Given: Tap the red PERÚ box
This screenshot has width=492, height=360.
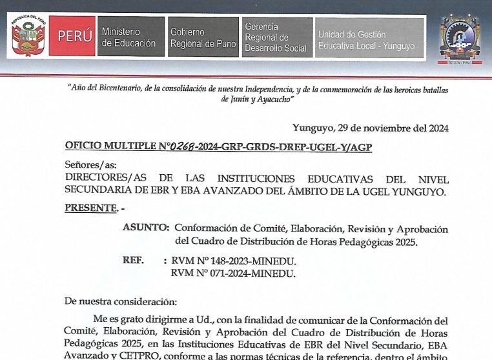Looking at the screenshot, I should click(x=74, y=37).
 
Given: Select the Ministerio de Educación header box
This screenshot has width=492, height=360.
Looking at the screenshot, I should click(x=129, y=37).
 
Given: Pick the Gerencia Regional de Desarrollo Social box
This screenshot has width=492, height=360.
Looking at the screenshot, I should click(x=276, y=37).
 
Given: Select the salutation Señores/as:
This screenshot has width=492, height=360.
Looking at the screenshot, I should click(x=90, y=165).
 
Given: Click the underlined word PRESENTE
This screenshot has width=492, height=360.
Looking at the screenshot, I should click(x=91, y=208).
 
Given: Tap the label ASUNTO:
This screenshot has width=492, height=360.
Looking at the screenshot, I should click(x=147, y=228).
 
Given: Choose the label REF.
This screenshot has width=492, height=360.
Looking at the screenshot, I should click(x=133, y=261).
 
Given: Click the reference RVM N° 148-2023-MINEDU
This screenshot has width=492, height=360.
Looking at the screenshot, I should click(x=233, y=261).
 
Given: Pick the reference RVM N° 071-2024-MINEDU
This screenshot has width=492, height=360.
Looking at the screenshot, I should click(x=233, y=274).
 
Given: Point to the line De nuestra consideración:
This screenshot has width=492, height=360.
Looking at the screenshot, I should click(x=121, y=301).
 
